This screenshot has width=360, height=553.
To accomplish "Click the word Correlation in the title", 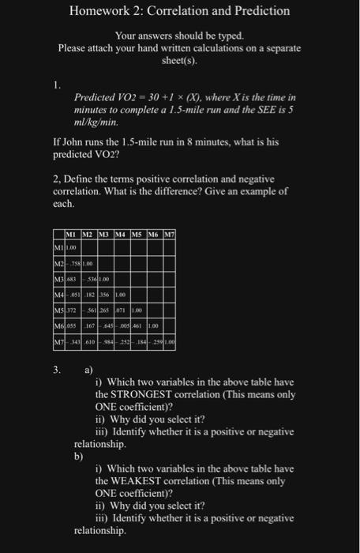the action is [x=179, y=11].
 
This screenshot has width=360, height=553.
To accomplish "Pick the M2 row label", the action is [x=58, y=264].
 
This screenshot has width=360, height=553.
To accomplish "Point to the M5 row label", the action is [x=58, y=309].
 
